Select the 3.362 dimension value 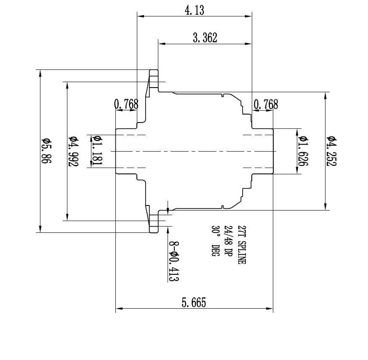[x=205, y=38]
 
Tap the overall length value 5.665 [x=194, y=303]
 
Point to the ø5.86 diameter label [x=45, y=151]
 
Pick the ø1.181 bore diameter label [x=96, y=151]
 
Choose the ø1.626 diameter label [x=302, y=151]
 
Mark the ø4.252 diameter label [x=331, y=151]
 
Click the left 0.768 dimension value [x=126, y=104]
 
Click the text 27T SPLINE [x=241, y=244]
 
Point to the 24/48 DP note [x=228, y=241]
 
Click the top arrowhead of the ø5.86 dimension [x=40, y=72]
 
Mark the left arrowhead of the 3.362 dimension [x=160, y=43]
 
